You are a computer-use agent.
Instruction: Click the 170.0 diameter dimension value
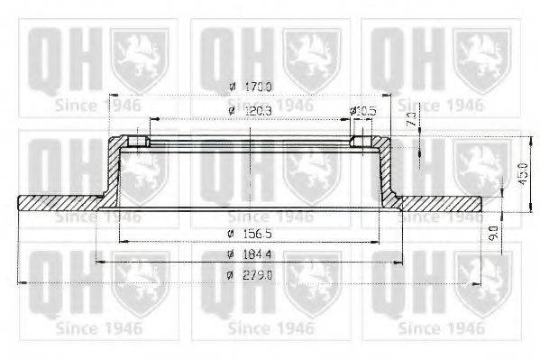pyautogui.click(x=259, y=87)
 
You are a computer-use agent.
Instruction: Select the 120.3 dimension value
pyautogui.click(x=259, y=111)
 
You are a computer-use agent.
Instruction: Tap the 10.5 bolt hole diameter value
pyautogui.click(x=367, y=111)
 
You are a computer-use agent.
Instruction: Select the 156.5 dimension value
pyautogui.click(x=258, y=233)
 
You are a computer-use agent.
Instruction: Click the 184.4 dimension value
pyautogui.click(x=259, y=255)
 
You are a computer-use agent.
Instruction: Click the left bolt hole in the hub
pyautogui.click(x=139, y=143)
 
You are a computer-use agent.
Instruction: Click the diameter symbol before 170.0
pyautogui.click(x=233, y=87)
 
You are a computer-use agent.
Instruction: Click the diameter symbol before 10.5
pyautogui.click(x=353, y=111)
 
